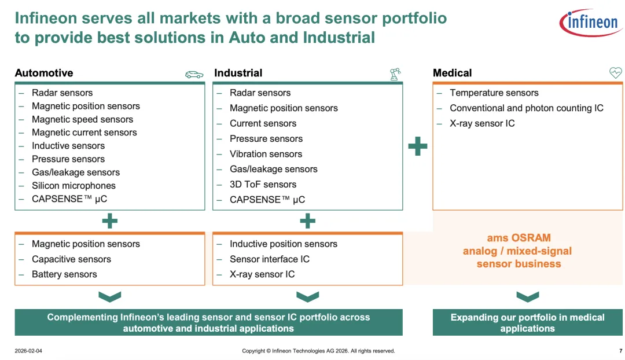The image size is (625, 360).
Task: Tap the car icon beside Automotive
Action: [194, 74]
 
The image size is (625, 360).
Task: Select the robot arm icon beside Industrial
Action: [395, 74]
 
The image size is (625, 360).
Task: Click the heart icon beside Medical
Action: [615, 73]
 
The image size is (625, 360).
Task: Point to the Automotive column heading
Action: [44, 73]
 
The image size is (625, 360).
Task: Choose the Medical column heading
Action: [452, 73]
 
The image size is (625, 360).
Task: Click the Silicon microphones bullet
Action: [73, 186]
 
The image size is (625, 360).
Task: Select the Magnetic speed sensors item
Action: [82, 119]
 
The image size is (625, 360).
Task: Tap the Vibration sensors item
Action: [266, 154]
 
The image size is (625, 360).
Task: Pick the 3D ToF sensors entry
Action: [263, 184]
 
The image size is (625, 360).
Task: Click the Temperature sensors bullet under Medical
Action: [494, 93]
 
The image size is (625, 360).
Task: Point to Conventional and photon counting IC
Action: [526, 108]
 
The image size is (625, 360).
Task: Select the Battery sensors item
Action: [64, 274]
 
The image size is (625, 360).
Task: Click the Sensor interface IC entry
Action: [269, 259]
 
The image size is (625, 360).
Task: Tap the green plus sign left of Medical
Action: [418, 146]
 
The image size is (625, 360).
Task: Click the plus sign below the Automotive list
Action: [109, 221]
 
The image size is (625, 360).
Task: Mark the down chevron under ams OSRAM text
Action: [527, 297]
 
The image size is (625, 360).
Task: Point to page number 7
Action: [620, 351]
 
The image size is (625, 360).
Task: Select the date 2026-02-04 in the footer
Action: [28, 351]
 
